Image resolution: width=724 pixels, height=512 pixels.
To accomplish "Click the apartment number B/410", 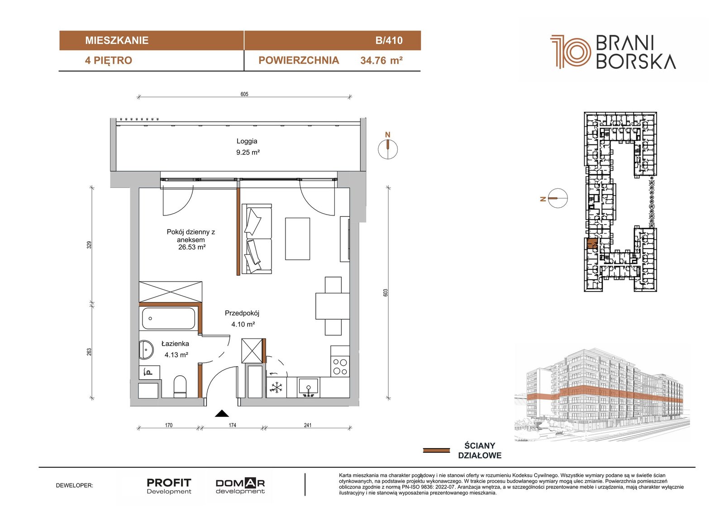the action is click(x=389, y=40).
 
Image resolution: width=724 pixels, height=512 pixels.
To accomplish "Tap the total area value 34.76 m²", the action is click(x=381, y=61).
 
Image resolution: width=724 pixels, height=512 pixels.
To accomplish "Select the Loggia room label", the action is click(x=247, y=141).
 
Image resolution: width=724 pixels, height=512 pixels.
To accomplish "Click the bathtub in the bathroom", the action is click(x=168, y=319).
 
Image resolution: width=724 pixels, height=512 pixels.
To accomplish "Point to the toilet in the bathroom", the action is click(x=180, y=387).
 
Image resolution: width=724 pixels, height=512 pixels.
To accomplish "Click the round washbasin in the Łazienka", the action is click(x=147, y=349).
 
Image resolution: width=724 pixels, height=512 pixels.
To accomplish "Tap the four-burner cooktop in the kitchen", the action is click(x=340, y=366).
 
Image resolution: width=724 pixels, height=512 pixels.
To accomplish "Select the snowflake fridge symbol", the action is click(x=276, y=387).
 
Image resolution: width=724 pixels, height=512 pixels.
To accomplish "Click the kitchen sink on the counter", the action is click(x=308, y=388).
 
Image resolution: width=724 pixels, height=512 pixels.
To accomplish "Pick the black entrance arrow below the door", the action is click(x=222, y=413).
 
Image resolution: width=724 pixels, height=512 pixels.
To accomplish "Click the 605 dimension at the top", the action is click(x=244, y=94).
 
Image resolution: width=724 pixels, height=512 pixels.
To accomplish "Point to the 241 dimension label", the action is click(x=308, y=425).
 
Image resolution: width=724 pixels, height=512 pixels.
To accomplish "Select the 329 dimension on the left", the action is click(x=90, y=245).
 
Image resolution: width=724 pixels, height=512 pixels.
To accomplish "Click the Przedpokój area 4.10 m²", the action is click(x=243, y=324).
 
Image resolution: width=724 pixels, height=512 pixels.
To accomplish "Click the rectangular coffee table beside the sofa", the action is click(x=297, y=239).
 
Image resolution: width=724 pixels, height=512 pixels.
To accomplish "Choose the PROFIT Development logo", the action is click(x=169, y=486).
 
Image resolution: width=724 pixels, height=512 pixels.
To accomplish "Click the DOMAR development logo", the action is click(x=240, y=486).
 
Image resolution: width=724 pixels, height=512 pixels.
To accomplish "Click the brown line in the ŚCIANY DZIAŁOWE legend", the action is click(x=436, y=450).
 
